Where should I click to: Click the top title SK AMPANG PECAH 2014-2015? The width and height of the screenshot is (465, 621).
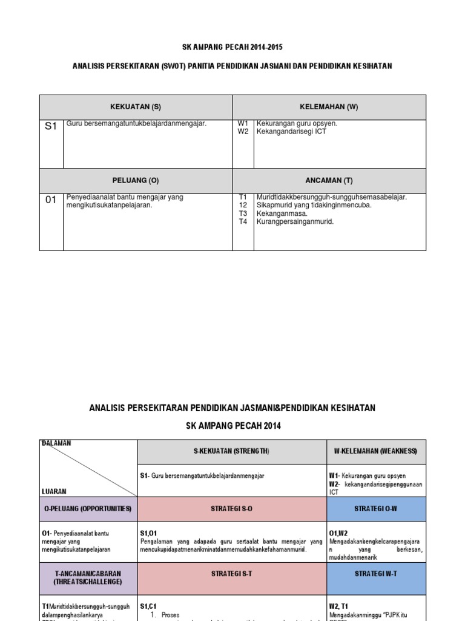click(233, 47)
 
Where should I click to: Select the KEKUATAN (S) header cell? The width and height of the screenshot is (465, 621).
click(136, 107)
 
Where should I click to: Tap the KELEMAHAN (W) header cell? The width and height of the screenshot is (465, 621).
click(329, 107)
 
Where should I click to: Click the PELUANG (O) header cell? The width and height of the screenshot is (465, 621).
click(136, 181)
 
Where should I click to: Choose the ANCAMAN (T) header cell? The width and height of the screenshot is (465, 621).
click(329, 181)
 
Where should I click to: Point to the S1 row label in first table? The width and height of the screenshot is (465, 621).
click(51, 126)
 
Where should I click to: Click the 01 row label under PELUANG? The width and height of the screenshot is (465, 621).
click(51, 200)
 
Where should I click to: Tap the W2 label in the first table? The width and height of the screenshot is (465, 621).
click(243, 132)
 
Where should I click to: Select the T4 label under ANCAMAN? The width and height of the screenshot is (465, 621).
click(243, 222)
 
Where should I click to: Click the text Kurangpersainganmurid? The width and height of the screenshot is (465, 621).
click(295, 222)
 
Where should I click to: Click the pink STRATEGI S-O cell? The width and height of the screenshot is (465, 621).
click(232, 509)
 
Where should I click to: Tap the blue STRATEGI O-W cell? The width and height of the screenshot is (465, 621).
click(377, 509)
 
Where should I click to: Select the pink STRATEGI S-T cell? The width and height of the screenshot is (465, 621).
click(232, 573)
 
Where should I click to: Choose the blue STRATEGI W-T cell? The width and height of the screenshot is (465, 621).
click(377, 573)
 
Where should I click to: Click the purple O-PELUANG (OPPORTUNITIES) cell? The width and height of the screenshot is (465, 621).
click(88, 509)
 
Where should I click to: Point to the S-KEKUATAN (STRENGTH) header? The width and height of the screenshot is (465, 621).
click(232, 452)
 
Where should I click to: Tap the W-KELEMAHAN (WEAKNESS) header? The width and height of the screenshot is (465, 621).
click(377, 452)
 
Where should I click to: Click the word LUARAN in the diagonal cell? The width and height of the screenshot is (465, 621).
click(54, 491)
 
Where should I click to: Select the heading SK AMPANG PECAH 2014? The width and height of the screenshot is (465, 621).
click(233, 426)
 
